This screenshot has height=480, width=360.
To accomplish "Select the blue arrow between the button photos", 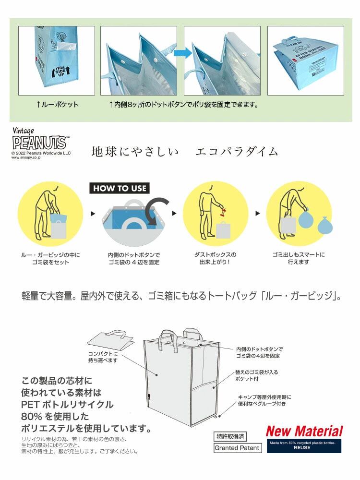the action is tap(180, 52).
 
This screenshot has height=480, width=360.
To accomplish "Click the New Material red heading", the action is tap(304, 431).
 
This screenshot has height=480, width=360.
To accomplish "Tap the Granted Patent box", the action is tap(237, 448).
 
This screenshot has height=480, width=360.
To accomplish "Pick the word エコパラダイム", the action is tap(237, 151).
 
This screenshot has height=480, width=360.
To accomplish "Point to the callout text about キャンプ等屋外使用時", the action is tap(264, 400).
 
